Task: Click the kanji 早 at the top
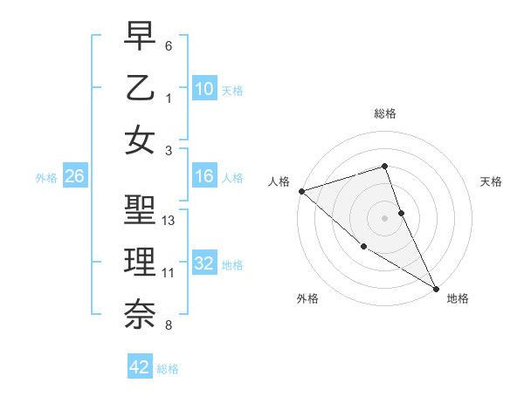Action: click(x=140, y=37)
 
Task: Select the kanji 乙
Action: click(x=140, y=88)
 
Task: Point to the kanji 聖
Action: click(x=140, y=211)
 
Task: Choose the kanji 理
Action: click(x=140, y=263)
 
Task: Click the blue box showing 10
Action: click(x=203, y=88)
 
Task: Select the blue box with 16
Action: click(x=203, y=177)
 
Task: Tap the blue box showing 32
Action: click(x=203, y=263)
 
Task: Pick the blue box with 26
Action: click(x=74, y=177)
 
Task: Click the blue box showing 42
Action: click(x=139, y=367)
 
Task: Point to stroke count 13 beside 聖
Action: click(x=169, y=221)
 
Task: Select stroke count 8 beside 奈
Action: click(x=169, y=325)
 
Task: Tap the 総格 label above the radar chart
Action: click(x=385, y=113)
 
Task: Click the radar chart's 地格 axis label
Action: click(x=458, y=298)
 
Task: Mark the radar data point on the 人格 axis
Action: click(x=301, y=191)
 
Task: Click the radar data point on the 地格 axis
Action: click(x=436, y=288)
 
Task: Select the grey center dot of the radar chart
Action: click(x=385, y=217)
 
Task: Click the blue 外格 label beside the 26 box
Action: click(x=46, y=178)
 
